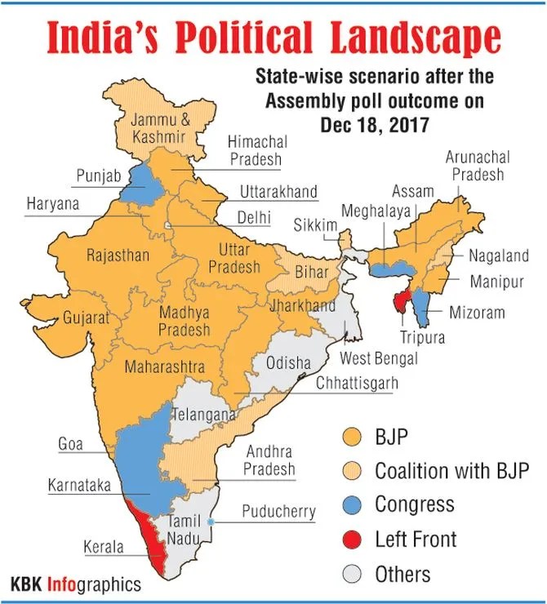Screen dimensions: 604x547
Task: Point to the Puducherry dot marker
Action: click(x=211, y=522)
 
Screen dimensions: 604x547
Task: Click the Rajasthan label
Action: click(x=118, y=255)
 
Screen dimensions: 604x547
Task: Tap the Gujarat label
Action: click(x=86, y=318)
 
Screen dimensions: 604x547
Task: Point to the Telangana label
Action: click(x=202, y=415)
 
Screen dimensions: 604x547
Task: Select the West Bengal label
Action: click(x=378, y=359)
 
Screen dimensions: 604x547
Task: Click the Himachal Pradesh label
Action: click(x=255, y=151)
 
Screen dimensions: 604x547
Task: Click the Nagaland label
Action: click(x=498, y=255)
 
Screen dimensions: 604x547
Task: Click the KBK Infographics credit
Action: click(x=75, y=584)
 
